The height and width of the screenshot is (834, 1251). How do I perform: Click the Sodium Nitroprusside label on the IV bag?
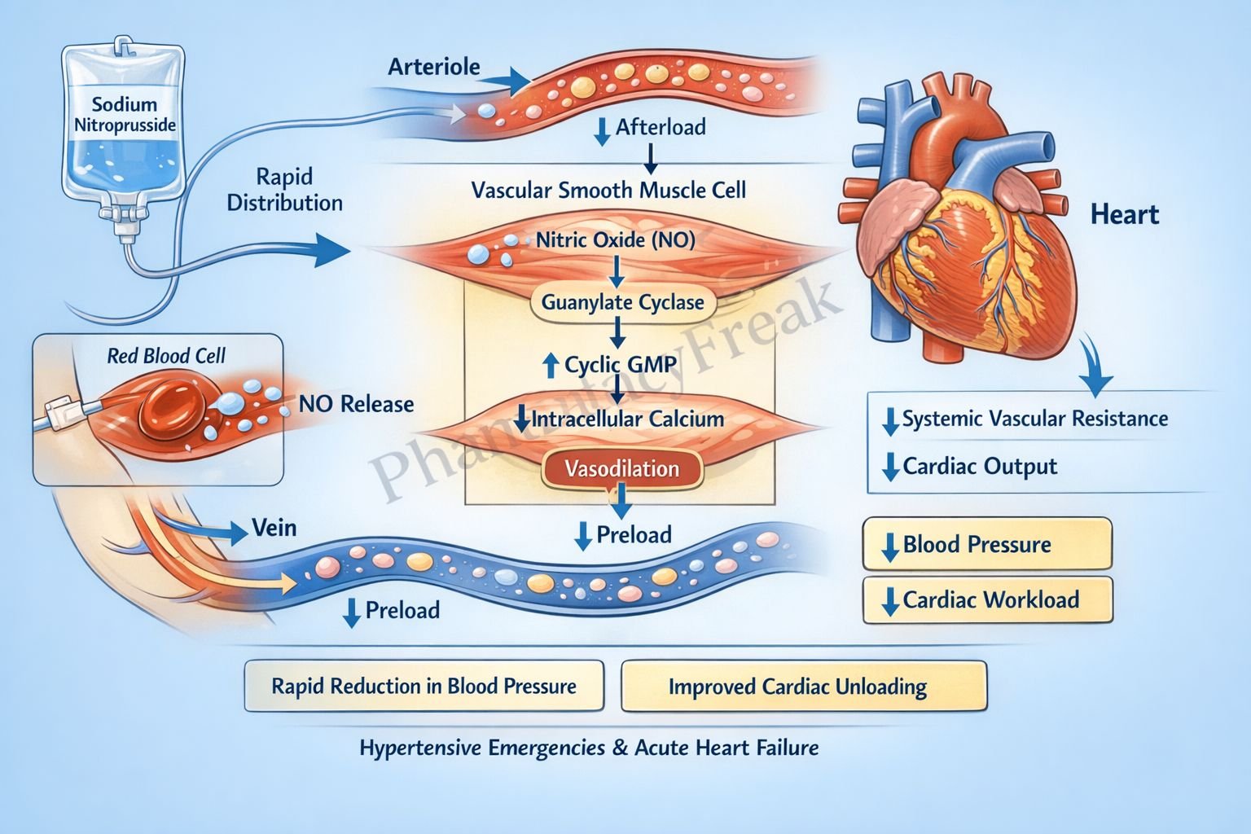click(125, 114)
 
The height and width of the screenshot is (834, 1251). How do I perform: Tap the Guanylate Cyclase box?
click(622, 303)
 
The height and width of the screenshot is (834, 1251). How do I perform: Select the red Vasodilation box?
click(622, 469)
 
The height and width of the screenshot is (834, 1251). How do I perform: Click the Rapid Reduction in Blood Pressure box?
click(424, 687)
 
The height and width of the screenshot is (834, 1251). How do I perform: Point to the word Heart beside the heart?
click(1124, 215)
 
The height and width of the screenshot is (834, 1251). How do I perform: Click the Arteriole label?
click(434, 67)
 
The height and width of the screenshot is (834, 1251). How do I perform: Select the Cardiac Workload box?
click(987, 600)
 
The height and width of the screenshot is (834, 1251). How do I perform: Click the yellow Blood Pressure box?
click(987, 544)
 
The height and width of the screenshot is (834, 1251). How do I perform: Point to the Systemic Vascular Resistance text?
click(1034, 419)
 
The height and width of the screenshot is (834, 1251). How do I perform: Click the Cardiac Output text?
click(979, 467)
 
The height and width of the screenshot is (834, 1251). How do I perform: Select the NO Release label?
click(356, 404)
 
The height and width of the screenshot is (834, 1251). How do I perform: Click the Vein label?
click(274, 528)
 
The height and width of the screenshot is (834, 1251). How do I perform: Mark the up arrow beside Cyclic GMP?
click(551, 365)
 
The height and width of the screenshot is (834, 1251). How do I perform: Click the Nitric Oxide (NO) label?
click(616, 240)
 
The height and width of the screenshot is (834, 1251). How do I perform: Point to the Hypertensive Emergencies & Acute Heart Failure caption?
click(589, 748)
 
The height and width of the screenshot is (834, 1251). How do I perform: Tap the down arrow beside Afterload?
click(603, 130)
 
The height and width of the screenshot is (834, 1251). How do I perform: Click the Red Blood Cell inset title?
click(166, 356)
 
